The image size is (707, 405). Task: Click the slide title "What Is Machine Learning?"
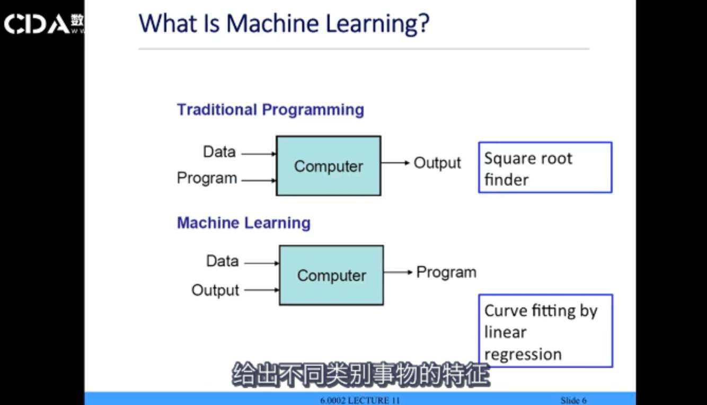coord(284,24)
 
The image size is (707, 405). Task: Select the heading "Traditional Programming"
coord(270,110)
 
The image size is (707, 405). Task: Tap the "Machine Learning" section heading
coord(243,223)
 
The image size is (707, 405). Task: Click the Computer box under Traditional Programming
coord(328,166)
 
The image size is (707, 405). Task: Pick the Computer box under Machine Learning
coord(331,275)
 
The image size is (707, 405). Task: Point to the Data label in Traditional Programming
coord(219,152)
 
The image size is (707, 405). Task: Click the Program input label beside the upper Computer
coord(207,178)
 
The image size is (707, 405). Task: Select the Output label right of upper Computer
coord(437,163)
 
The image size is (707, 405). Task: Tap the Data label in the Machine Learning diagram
coord(222,261)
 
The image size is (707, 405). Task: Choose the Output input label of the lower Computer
coord(215,290)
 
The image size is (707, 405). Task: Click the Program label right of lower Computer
coord(446,272)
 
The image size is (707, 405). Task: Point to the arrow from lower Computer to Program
coord(398,272)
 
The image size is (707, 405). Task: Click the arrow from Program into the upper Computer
coord(259,180)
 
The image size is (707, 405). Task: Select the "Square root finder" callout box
coord(545,168)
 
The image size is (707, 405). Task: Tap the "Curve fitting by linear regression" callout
coord(545,331)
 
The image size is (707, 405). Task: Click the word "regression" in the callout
coord(523,354)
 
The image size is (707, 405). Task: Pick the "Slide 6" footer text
coord(573,400)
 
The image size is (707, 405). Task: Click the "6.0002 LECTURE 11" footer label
coord(360,400)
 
